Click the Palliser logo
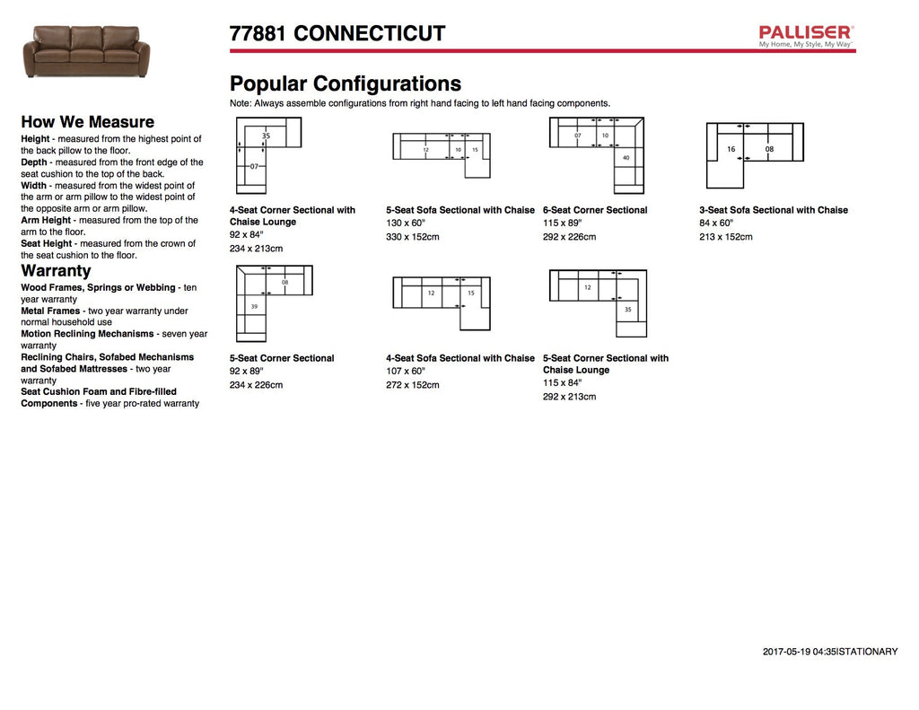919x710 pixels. (x=806, y=35)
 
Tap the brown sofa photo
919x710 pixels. (x=87, y=51)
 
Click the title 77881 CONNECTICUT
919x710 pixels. (x=337, y=34)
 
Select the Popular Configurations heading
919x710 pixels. (x=346, y=84)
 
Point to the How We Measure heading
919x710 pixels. (x=87, y=122)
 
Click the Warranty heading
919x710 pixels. (x=56, y=270)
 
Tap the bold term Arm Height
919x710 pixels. (x=45, y=220)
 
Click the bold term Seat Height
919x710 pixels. (x=46, y=243)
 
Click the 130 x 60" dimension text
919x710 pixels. (x=406, y=223)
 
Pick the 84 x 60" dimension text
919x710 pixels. (x=716, y=223)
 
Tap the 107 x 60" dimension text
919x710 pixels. (x=406, y=371)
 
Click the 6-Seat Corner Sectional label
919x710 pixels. (x=595, y=210)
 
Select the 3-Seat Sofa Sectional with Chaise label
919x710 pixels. (x=774, y=210)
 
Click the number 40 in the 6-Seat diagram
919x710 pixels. (x=626, y=158)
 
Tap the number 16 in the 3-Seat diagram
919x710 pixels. (x=731, y=149)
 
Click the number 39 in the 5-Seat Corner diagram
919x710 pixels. (x=254, y=306)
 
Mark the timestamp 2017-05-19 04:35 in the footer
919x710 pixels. (x=799, y=652)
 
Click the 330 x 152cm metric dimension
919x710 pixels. (x=413, y=237)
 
